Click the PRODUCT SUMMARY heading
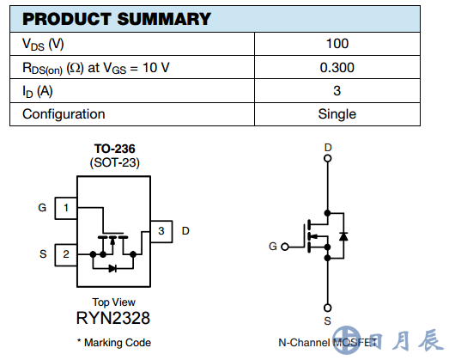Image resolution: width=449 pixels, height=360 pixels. pyautogui.click(x=117, y=19)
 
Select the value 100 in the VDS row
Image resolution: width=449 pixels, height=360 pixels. pyautogui.click(x=337, y=44)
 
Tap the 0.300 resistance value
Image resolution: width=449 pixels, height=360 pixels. pyautogui.click(x=337, y=68)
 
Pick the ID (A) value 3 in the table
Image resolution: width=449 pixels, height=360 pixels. pyautogui.click(x=337, y=91)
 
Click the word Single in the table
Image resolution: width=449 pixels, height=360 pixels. pyautogui.click(x=337, y=114)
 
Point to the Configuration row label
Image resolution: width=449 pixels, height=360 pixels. pyautogui.click(x=64, y=114)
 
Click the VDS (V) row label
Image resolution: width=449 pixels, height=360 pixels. pyautogui.click(x=43, y=45)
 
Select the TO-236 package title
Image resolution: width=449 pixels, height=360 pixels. pyautogui.click(x=114, y=149)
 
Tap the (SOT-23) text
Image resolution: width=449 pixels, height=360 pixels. pyautogui.click(x=114, y=162)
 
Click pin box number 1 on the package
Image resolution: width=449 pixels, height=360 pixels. pyautogui.click(x=66, y=208)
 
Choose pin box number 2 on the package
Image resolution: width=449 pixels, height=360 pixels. pyautogui.click(x=66, y=255)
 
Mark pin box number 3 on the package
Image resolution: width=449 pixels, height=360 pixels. pyautogui.click(x=161, y=231)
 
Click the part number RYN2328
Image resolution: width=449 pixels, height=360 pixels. pyautogui.click(x=113, y=318)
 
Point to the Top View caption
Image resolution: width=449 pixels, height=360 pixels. pyautogui.click(x=113, y=302)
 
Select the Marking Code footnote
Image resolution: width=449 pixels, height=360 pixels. pyautogui.click(x=114, y=343)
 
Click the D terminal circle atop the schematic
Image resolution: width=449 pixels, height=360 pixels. pyautogui.click(x=328, y=158)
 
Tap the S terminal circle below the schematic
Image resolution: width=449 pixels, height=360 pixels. pyautogui.click(x=328, y=308)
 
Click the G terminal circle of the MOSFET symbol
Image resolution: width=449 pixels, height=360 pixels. pyautogui.click(x=285, y=247)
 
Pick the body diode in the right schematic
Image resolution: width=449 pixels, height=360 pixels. pyautogui.click(x=343, y=236)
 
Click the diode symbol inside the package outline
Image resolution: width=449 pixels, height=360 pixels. pyautogui.click(x=112, y=269)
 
